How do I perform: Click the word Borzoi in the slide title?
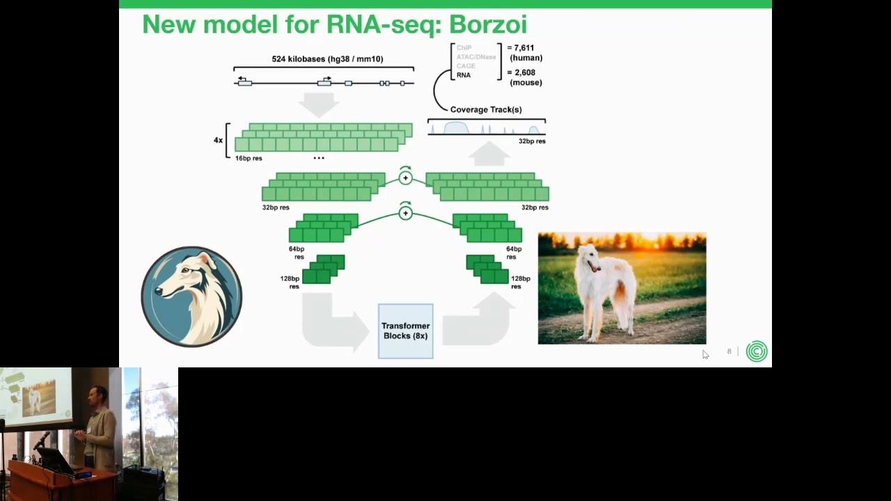point(487,24)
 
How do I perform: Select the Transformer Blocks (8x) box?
point(405,331)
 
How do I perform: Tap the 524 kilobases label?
point(327,59)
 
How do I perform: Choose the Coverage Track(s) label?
point(486,109)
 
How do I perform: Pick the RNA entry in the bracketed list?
point(464,75)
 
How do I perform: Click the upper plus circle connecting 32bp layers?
point(406,178)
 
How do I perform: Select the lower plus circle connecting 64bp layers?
point(406,213)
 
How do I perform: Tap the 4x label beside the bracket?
point(218,141)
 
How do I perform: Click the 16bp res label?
point(249,159)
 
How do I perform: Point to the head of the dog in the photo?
point(589,258)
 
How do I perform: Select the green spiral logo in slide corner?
point(757,351)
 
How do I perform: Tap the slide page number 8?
point(730,351)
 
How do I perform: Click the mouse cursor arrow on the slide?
point(704,354)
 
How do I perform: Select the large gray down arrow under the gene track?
point(319,104)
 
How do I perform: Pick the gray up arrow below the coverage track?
point(489,153)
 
